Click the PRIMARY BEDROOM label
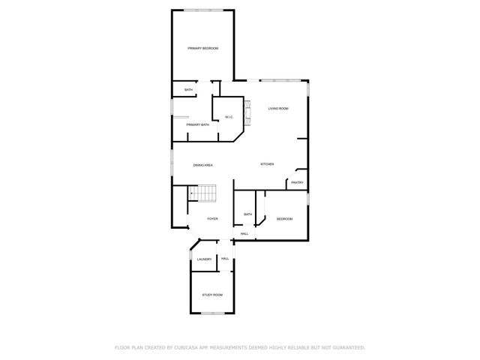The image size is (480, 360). pyautogui.click(x=202, y=49)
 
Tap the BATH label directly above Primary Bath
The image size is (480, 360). pyautogui.click(x=189, y=90)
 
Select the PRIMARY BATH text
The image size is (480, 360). pyautogui.click(x=198, y=124)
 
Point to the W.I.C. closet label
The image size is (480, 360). pyautogui.click(x=229, y=117)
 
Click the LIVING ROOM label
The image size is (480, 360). pyautogui.click(x=278, y=109)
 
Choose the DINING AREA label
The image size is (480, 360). pyautogui.click(x=203, y=165)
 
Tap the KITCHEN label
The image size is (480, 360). pyautogui.click(x=267, y=164)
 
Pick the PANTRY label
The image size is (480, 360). pyautogui.click(x=297, y=182)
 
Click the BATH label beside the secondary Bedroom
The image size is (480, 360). pyautogui.click(x=247, y=214)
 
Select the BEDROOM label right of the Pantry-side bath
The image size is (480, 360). pyautogui.click(x=284, y=219)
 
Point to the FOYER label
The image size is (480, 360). pyautogui.click(x=213, y=219)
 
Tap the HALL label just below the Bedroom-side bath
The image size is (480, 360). pyautogui.click(x=244, y=234)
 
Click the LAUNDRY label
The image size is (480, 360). pyautogui.click(x=204, y=259)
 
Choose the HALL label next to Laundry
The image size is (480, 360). pyautogui.click(x=225, y=259)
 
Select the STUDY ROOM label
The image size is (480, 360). pyautogui.click(x=212, y=295)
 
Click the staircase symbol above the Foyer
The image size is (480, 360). pyautogui.click(x=202, y=194)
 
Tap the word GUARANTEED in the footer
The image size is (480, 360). pyautogui.click(x=346, y=347)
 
